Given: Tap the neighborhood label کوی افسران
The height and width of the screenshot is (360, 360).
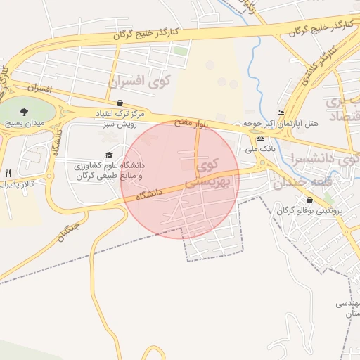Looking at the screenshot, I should pyautogui.click(x=140, y=82).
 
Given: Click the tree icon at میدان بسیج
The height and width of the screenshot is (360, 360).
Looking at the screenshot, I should pyautogui.click(x=25, y=111).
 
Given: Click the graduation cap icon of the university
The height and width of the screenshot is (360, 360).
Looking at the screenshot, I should pyautogui.click(x=108, y=155).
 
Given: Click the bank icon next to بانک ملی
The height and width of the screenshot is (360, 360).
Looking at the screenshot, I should pyautogui.click(x=261, y=138).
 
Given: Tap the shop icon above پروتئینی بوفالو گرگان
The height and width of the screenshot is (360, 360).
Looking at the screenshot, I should pyautogui.click(x=309, y=200).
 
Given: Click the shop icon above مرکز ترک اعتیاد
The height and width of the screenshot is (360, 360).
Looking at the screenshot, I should pyautogui.click(x=120, y=103).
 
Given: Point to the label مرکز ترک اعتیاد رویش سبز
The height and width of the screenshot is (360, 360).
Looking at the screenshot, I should pyautogui.click(x=120, y=117).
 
